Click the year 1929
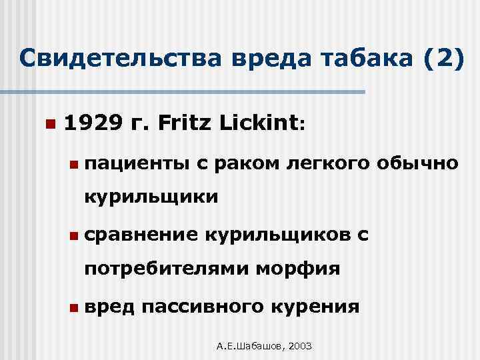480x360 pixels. (x=93, y=123)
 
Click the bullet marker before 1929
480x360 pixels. (x=48, y=125)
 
